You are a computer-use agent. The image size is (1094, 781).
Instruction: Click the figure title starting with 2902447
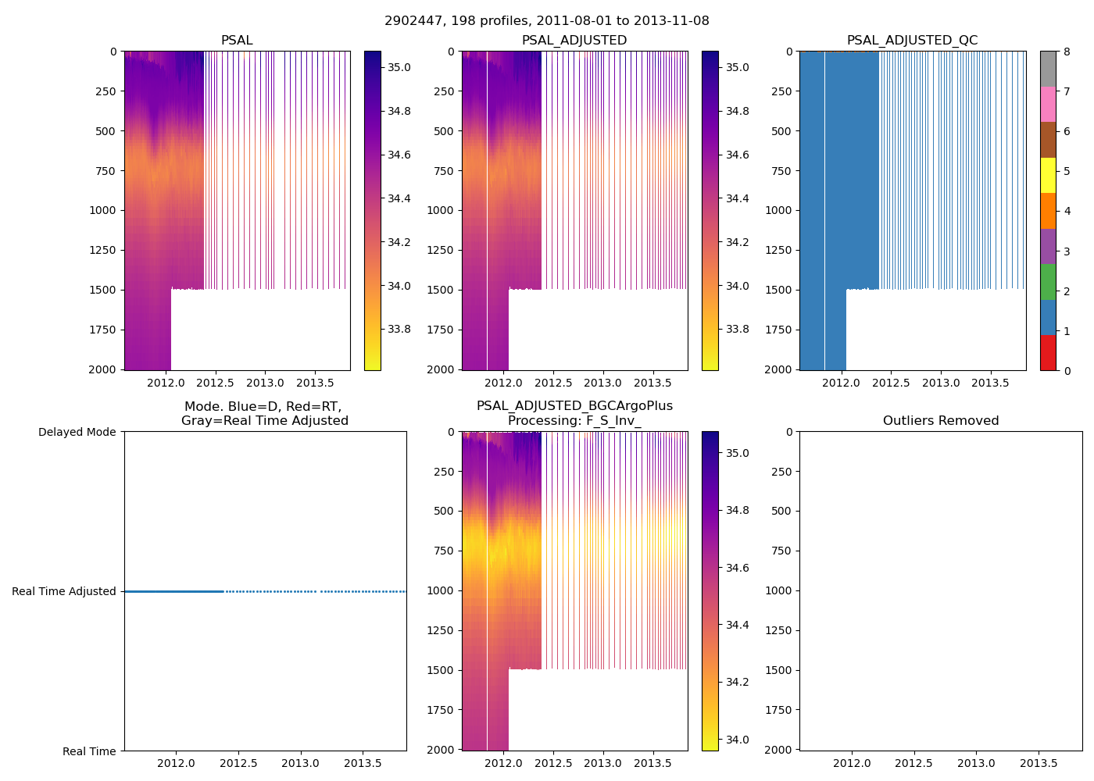pyautogui.click(x=547, y=21)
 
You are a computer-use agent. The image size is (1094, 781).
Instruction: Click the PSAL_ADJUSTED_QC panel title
pyautogui.click(x=912, y=41)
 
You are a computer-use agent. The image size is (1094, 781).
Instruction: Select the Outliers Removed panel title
pyautogui.click(x=941, y=421)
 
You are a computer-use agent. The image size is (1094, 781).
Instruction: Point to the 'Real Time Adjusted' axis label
pyautogui.click(x=64, y=592)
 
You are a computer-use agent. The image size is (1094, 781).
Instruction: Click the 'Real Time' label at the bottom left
pyautogui.click(x=89, y=751)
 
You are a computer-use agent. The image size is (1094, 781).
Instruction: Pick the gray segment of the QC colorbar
pyautogui.click(x=1048, y=69)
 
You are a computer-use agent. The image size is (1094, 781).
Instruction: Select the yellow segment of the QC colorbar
pyautogui.click(x=1048, y=175)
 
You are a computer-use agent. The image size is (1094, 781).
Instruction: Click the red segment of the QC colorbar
pyautogui.click(x=1048, y=352)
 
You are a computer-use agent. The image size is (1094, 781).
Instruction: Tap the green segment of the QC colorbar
pyautogui.click(x=1048, y=281)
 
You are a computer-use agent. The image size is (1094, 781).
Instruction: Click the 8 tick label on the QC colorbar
pyautogui.click(x=1067, y=52)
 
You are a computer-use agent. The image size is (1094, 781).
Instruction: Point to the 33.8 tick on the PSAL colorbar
pyautogui.click(x=399, y=330)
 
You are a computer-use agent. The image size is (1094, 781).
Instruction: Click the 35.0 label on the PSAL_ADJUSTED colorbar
pyautogui.click(x=737, y=68)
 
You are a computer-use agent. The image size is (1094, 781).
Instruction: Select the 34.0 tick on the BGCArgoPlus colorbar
pyautogui.click(x=737, y=740)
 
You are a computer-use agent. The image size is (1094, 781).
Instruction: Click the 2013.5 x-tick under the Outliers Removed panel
pyautogui.click(x=1039, y=763)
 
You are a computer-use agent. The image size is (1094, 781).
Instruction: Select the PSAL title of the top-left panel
pyautogui.click(x=237, y=41)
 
